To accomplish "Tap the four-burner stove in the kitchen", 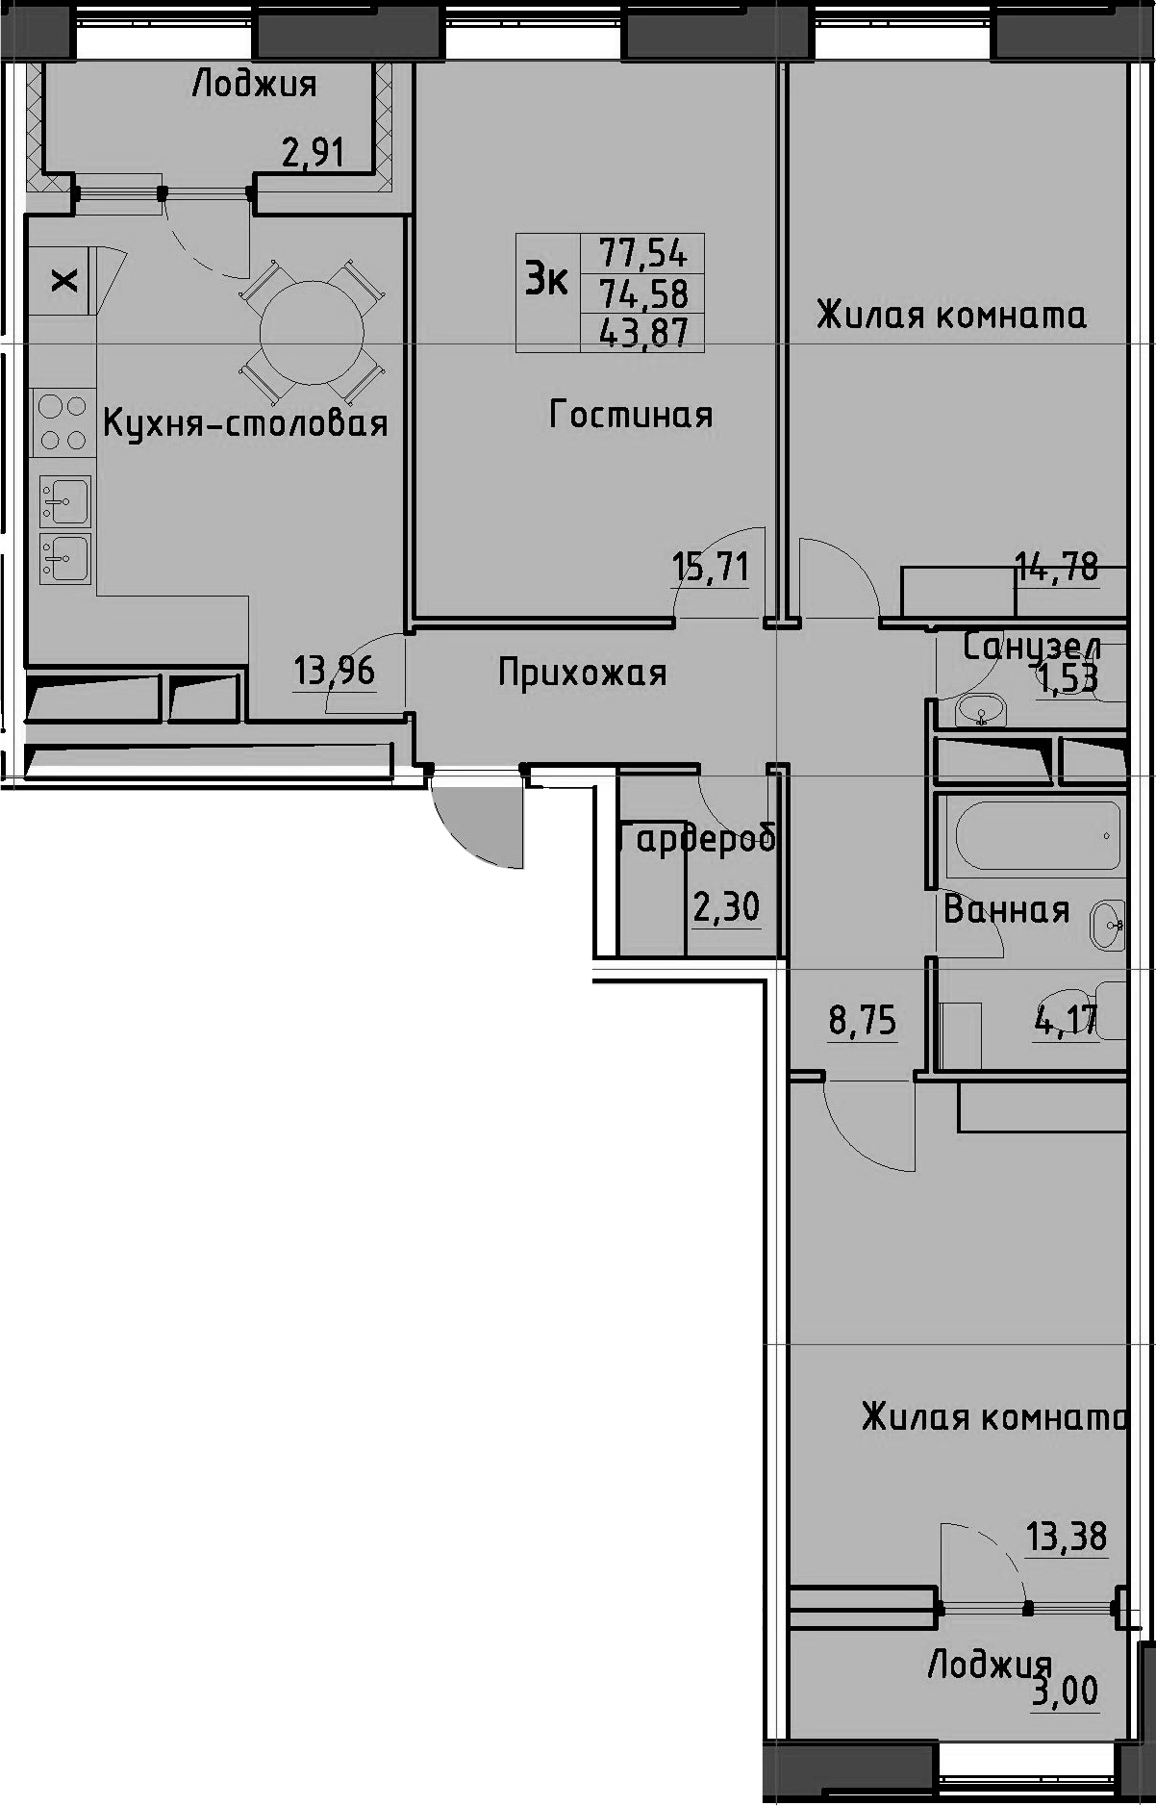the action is click(x=63, y=422).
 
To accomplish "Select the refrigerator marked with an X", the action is click(x=63, y=280).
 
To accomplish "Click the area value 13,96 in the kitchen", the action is click(x=334, y=670).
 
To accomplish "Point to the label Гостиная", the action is click(x=631, y=415).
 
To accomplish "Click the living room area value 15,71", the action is click(x=710, y=567).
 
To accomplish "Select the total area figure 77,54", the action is click(x=643, y=253).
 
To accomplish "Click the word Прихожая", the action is click(x=582, y=673).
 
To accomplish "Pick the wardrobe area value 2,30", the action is click(x=726, y=906).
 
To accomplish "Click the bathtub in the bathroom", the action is click(x=1032, y=835).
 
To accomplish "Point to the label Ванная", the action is click(x=1006, y=909).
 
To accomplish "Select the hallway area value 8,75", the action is click(x=863, y=1021).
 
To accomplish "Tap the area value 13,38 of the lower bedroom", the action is click(x=1067, y=1537).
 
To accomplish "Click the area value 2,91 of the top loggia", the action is click(x=313, y=152).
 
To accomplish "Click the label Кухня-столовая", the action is click(x=245, y=423).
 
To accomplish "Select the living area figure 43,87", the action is click(x=643, y=332).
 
